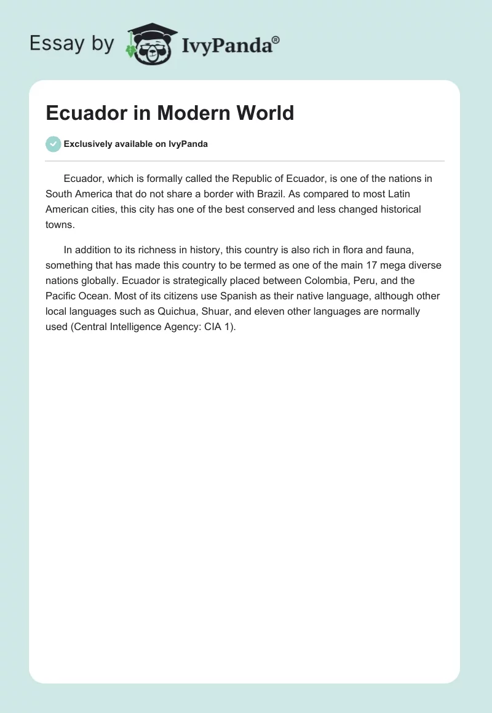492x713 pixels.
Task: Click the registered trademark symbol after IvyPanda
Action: pos(276,40)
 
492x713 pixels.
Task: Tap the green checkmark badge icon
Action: pos(54,144)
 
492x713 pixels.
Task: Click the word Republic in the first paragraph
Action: pos(253,179)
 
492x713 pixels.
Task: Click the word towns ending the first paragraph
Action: pos(59,225)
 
